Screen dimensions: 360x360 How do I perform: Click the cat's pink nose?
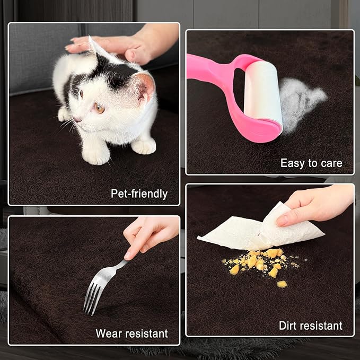point(77,119)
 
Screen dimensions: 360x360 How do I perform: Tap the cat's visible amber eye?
point(100,108)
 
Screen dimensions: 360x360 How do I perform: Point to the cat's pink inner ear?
point(146,87)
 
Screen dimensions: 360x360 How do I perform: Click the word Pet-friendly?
point(139,194)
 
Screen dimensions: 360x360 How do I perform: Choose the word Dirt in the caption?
point(288,326)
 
